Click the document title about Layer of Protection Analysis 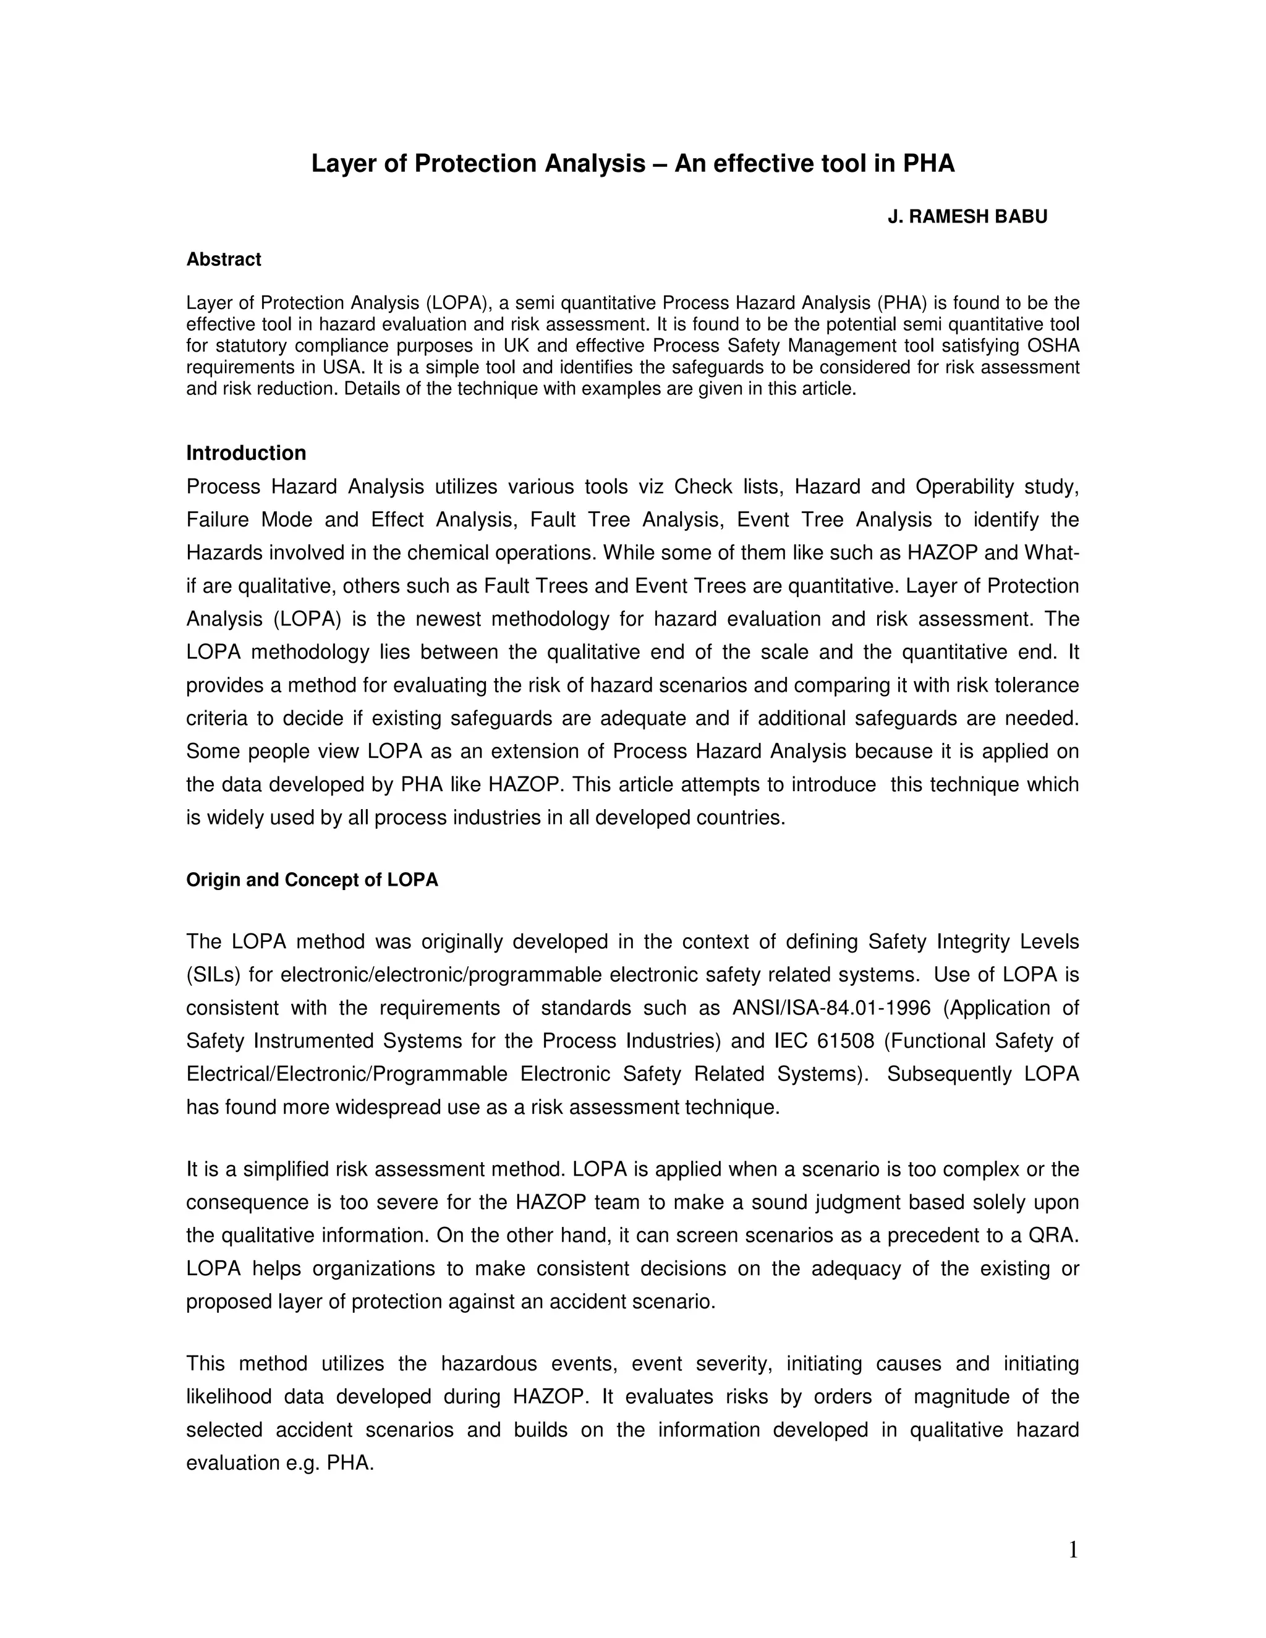point(632,164)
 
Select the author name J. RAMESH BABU point(967,217)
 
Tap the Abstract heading point(224,260)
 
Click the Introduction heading point(246,453)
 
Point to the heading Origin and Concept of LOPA point(312,880)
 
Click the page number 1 point(1073,1550)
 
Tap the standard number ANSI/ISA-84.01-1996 point(831,1008)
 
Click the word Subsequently point(949,1074)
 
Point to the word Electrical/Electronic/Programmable point(347,1074)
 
